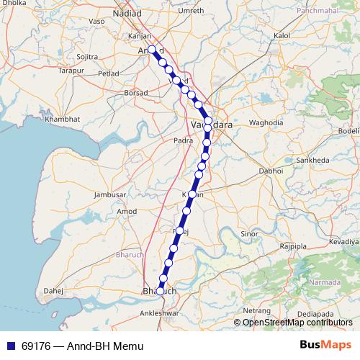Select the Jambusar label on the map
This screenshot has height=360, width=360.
pyautogui.click(x=111, y=194)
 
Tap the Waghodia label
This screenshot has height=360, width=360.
pyautogui.click(x=266, y=123)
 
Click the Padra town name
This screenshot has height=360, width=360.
pyautogui.click(x=183, y=141)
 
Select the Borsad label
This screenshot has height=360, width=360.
pyautogui.click(x=135, y=93)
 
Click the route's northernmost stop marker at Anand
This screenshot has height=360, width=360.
pyautogui.click(x=152, y=50)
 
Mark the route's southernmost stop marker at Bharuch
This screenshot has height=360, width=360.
pyautogui.click(x=161, y=291)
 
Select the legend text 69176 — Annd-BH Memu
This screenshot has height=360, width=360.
pyautogui.click(x=81, y=346)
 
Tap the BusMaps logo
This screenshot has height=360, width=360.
pyautogui.click(x=325, y=346)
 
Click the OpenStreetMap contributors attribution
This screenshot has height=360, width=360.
pyautogui.click(x=297, y=322)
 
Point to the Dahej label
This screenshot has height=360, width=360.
pyautogui.click(x=53, y=291)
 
